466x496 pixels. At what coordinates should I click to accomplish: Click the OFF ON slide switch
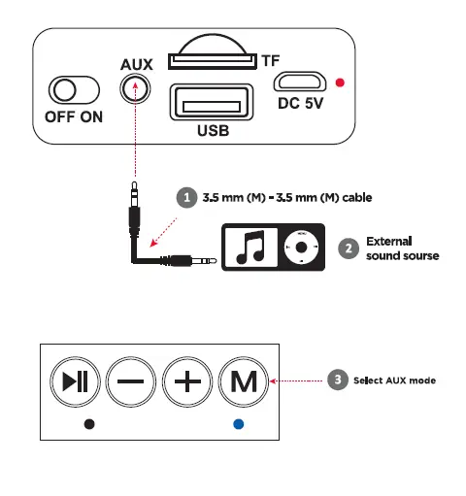(x=74, y=91)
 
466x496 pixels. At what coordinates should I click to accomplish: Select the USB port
(x=210, y=103)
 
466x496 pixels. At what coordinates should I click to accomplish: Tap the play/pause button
(x=75, y=380)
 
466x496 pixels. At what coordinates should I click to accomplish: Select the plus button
(x=188, y=380)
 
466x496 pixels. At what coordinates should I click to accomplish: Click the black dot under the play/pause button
(x=88, y=424)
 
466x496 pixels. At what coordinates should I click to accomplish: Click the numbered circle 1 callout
(x=185, y=197)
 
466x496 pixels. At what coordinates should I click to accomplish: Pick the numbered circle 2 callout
(x=347, y=248)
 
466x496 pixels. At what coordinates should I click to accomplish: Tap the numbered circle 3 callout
(x=334, y=380)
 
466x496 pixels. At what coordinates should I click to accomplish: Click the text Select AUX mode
(x=394, y=380)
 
